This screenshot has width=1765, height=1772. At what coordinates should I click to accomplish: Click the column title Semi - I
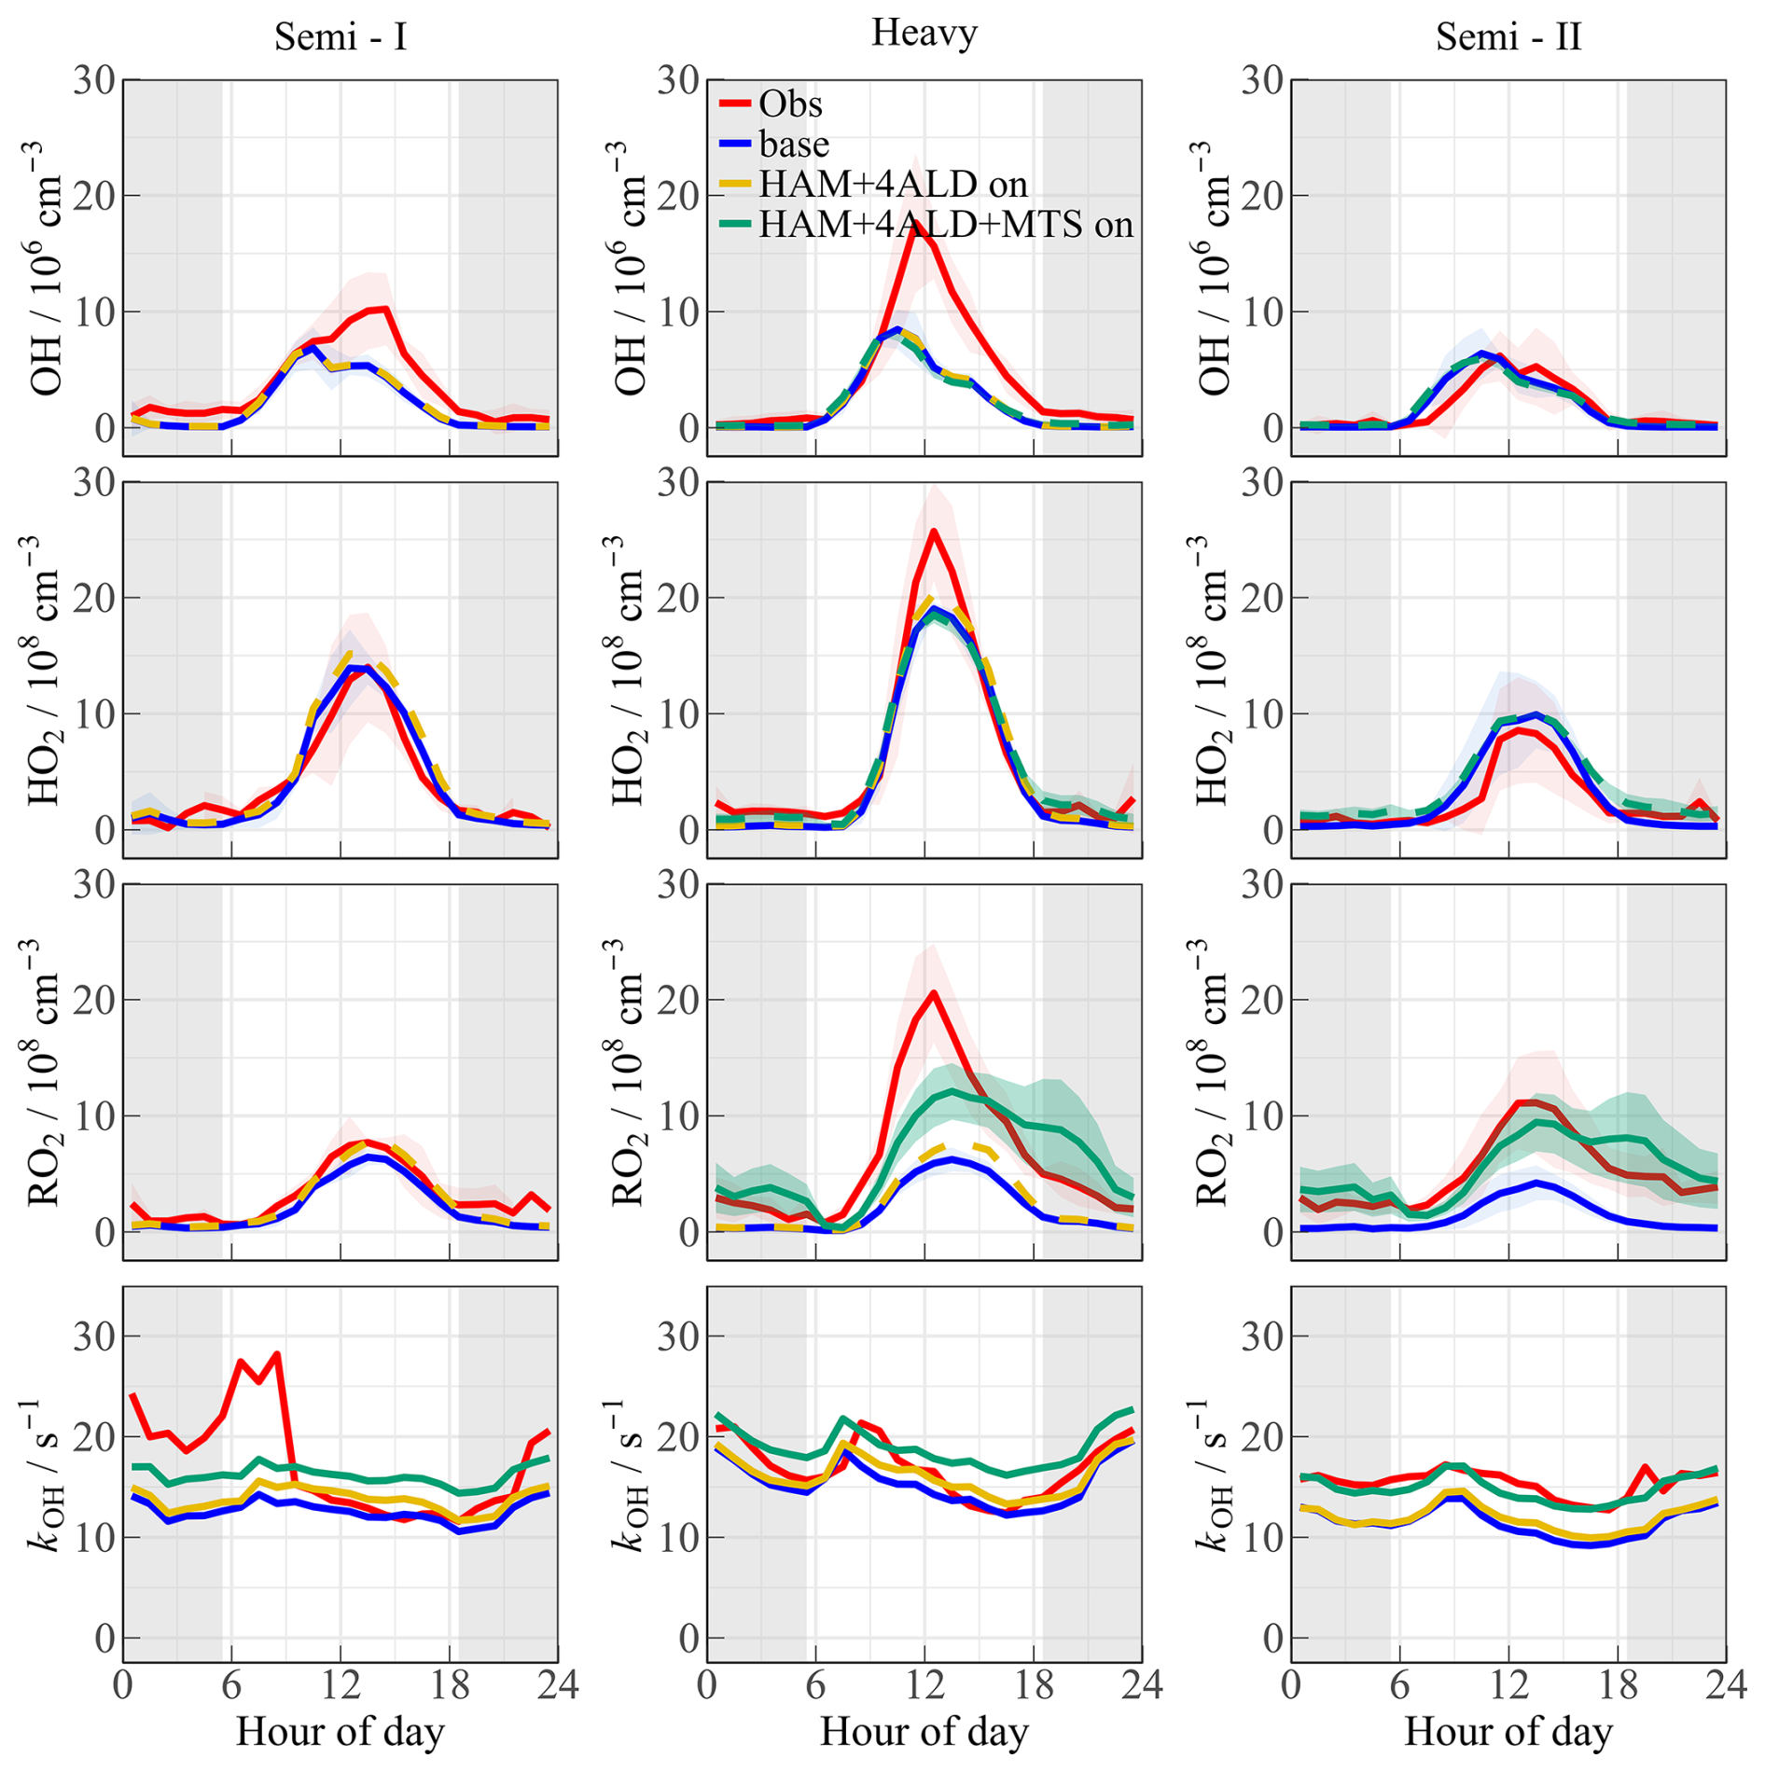click(340, 37)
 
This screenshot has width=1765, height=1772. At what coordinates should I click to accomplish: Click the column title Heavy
click(924, 34)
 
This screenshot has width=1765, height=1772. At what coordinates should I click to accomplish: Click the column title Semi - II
click(1508, 37)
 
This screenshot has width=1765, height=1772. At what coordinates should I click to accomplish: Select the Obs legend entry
click(790, 104)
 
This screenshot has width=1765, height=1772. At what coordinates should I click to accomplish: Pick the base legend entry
click(794, 145)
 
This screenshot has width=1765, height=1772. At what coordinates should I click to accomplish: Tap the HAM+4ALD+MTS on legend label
click(946, 225)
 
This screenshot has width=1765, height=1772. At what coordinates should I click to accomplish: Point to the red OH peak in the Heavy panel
click(916, 223)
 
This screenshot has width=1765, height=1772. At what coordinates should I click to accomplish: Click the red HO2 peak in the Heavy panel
click(934, 533)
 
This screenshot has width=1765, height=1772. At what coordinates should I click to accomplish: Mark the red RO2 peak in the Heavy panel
click(933, 993)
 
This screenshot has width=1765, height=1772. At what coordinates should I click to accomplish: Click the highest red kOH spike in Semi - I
click(277, 1354)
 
